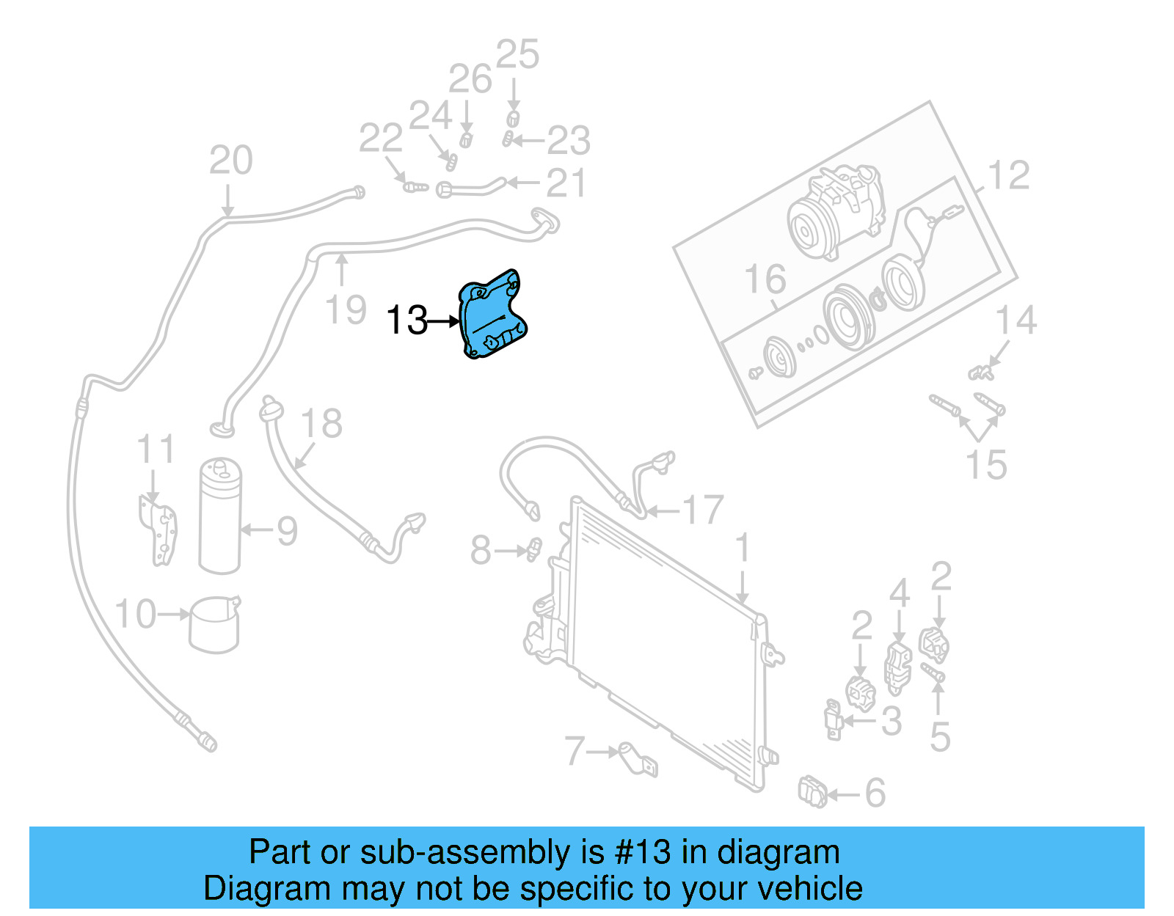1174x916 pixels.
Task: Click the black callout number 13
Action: pos(406,320)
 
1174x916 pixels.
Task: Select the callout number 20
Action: pos(230,160)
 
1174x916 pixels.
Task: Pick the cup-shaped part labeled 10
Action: pos(215,625)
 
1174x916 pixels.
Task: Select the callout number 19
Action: pos(346,310)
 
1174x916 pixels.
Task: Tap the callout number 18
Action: pos(321,424)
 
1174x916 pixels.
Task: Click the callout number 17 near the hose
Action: pos(703,510)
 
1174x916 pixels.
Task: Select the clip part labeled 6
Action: pos(812,792)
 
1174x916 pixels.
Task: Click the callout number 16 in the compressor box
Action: pos(765,279)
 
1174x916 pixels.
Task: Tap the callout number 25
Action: pos(517,55)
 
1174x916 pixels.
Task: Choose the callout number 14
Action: pos(1016,320)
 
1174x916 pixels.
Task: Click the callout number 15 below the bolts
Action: pos(985,465)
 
